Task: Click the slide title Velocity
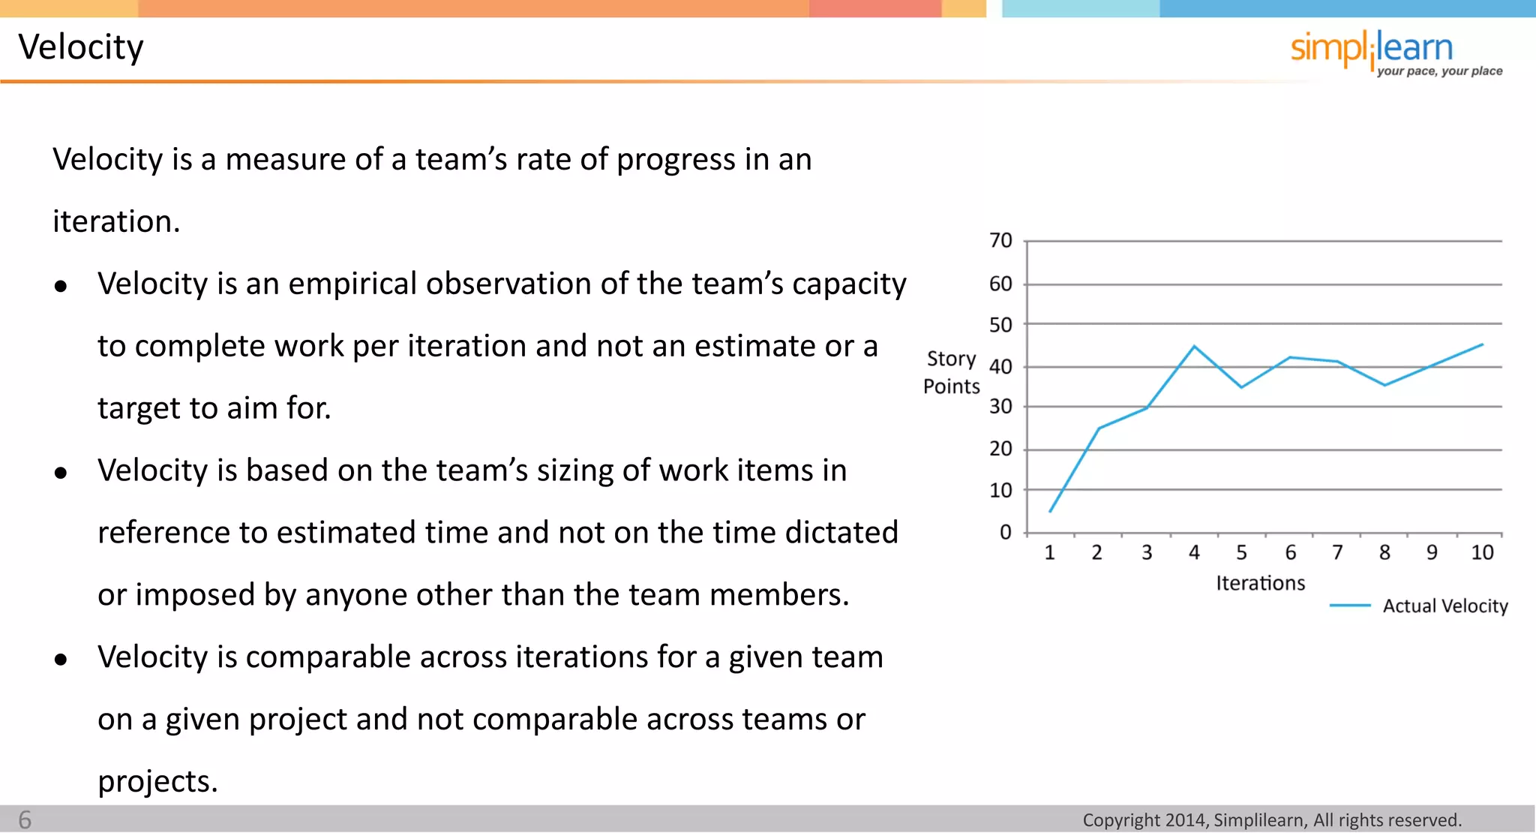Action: tap(81, 47)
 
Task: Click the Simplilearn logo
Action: tap(1371, 48)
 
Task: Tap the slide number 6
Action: tap(25, 819)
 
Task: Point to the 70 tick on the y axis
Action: tap(1000, 241)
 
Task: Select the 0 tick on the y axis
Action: tap(1006, 533)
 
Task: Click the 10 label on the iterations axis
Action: tap(1482, 553)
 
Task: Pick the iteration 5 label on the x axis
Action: tap(1241, 553)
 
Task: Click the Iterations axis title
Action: tap(1260, 583)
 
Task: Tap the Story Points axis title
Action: tap(951, 372)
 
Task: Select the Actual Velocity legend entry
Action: tap(1444, 606)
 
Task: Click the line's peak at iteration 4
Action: tap(1194, 347)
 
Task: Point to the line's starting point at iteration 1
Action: tap(1050, 512)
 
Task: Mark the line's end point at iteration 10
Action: tap(1482, 344)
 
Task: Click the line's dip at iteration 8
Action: tap(1384, 385)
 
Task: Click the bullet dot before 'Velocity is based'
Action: tap(61, 473)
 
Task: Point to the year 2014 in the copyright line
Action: tap(1186, 820)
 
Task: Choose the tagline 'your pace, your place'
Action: tap(1439, 71)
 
